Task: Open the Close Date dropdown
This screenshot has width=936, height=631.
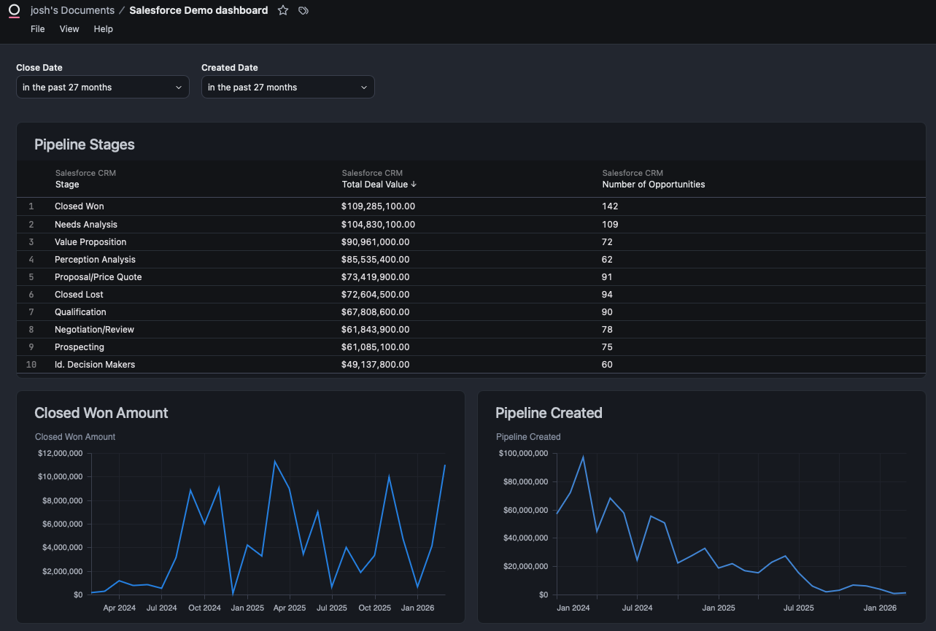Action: point(102,88)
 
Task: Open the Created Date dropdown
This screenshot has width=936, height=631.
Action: point(287,88)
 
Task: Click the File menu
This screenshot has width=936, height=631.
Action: point(38,29)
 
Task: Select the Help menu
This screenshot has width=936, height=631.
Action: point(103,29)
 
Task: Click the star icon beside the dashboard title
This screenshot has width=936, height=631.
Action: point(283,10)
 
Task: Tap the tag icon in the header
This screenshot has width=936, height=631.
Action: point(303,10)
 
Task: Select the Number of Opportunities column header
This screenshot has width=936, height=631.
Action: point(653,185)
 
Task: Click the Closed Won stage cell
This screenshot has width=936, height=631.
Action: point(80,206)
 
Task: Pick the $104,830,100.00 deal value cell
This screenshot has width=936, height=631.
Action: point(378,225)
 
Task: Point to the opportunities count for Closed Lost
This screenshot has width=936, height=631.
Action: point(607,295)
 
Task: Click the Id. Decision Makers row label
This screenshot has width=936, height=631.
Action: point(95,365)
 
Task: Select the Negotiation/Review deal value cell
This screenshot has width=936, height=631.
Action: point(375,330)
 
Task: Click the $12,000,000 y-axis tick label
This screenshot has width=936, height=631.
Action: point(61,453)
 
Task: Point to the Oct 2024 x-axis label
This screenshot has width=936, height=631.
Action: point(204,608)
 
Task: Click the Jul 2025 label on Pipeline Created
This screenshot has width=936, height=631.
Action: point(799,608)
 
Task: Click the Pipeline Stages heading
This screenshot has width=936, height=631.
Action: point(85,144)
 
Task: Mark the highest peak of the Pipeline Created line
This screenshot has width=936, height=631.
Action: point(583,457)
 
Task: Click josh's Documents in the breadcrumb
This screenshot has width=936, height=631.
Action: point(72,10)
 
